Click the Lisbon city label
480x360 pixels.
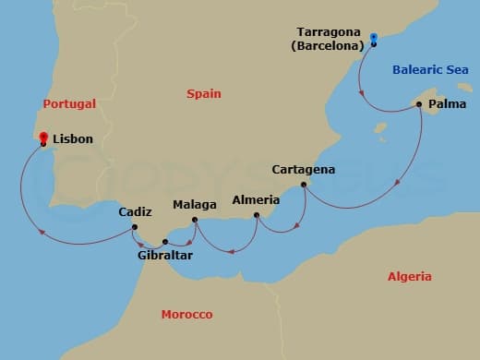tap(73, 138)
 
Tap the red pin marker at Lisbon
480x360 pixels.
tap(43, 138)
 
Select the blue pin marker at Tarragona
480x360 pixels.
tap(374, 40)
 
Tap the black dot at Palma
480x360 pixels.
tap(420, 104)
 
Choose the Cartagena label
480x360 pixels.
tap(305, 170)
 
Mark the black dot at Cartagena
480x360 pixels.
tap(304, 186)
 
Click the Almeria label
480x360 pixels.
tap(252, 199)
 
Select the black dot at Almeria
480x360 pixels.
tap(256, 217)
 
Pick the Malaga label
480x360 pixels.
tap(195, 204)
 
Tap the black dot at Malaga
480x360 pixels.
tap(194, 220)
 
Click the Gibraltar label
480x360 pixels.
tap(164, 255)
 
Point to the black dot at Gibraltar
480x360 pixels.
tap(164, 242)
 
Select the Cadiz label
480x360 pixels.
tap(135, 212)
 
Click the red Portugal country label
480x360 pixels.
tap(69, 104)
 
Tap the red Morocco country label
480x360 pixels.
tap(187, 315)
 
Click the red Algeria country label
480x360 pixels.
tap(409, 277)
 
